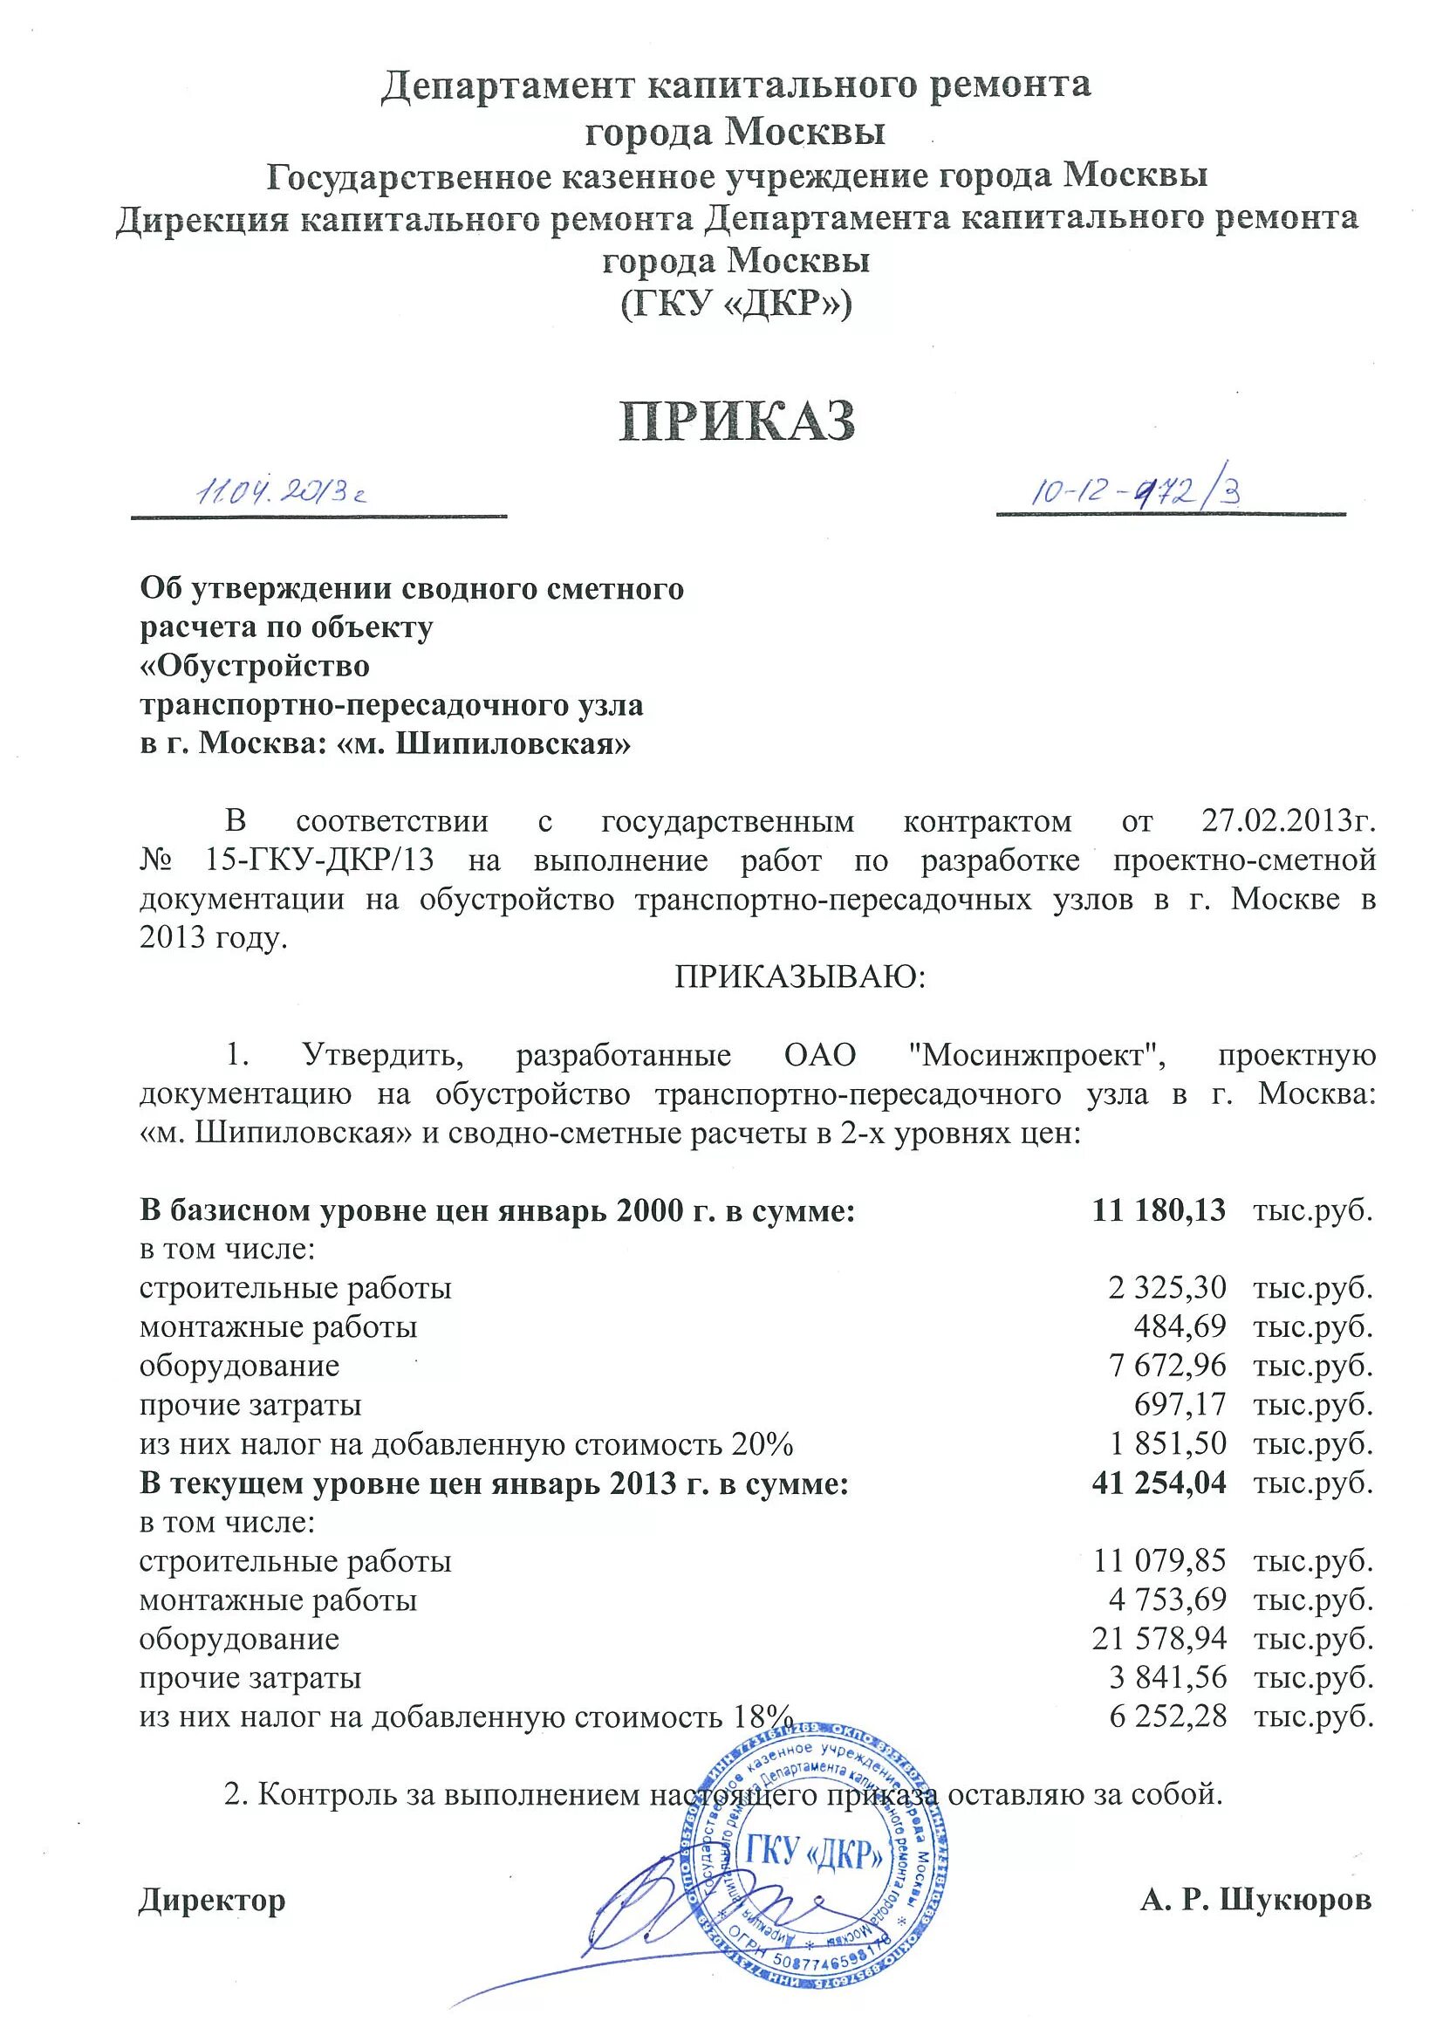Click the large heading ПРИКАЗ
click(x=737, y=421)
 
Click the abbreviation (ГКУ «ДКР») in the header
click(x=736, y=305)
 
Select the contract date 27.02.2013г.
click(x=1289, y=820)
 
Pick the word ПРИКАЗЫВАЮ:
click(x=800, y=978)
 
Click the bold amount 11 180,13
click(x=1159, y=1209)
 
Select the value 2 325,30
click(x=1167, y=1288)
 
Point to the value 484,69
click(x=1180, y=1327)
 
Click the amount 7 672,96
click(x=1167, y=1366)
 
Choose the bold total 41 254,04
click(x=1159, y=1483)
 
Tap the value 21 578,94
click(x=1159, y=1638)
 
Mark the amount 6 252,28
click(x=1167, y=1717)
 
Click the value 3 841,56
click(x=1167, y=1677)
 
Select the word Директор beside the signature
click(x=213, y=1901)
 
